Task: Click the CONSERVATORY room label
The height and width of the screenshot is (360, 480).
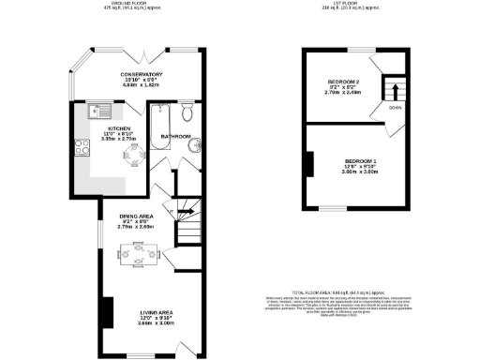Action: click(x=142, y=74)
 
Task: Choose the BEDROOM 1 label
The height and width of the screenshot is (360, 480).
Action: click(x=360, y=161)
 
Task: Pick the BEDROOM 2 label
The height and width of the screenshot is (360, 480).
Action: click(x=344, y=82)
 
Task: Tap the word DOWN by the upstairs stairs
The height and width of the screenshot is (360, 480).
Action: click(x=396, y=108)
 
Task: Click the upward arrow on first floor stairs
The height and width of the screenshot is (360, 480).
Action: click(x=394, y=92)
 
